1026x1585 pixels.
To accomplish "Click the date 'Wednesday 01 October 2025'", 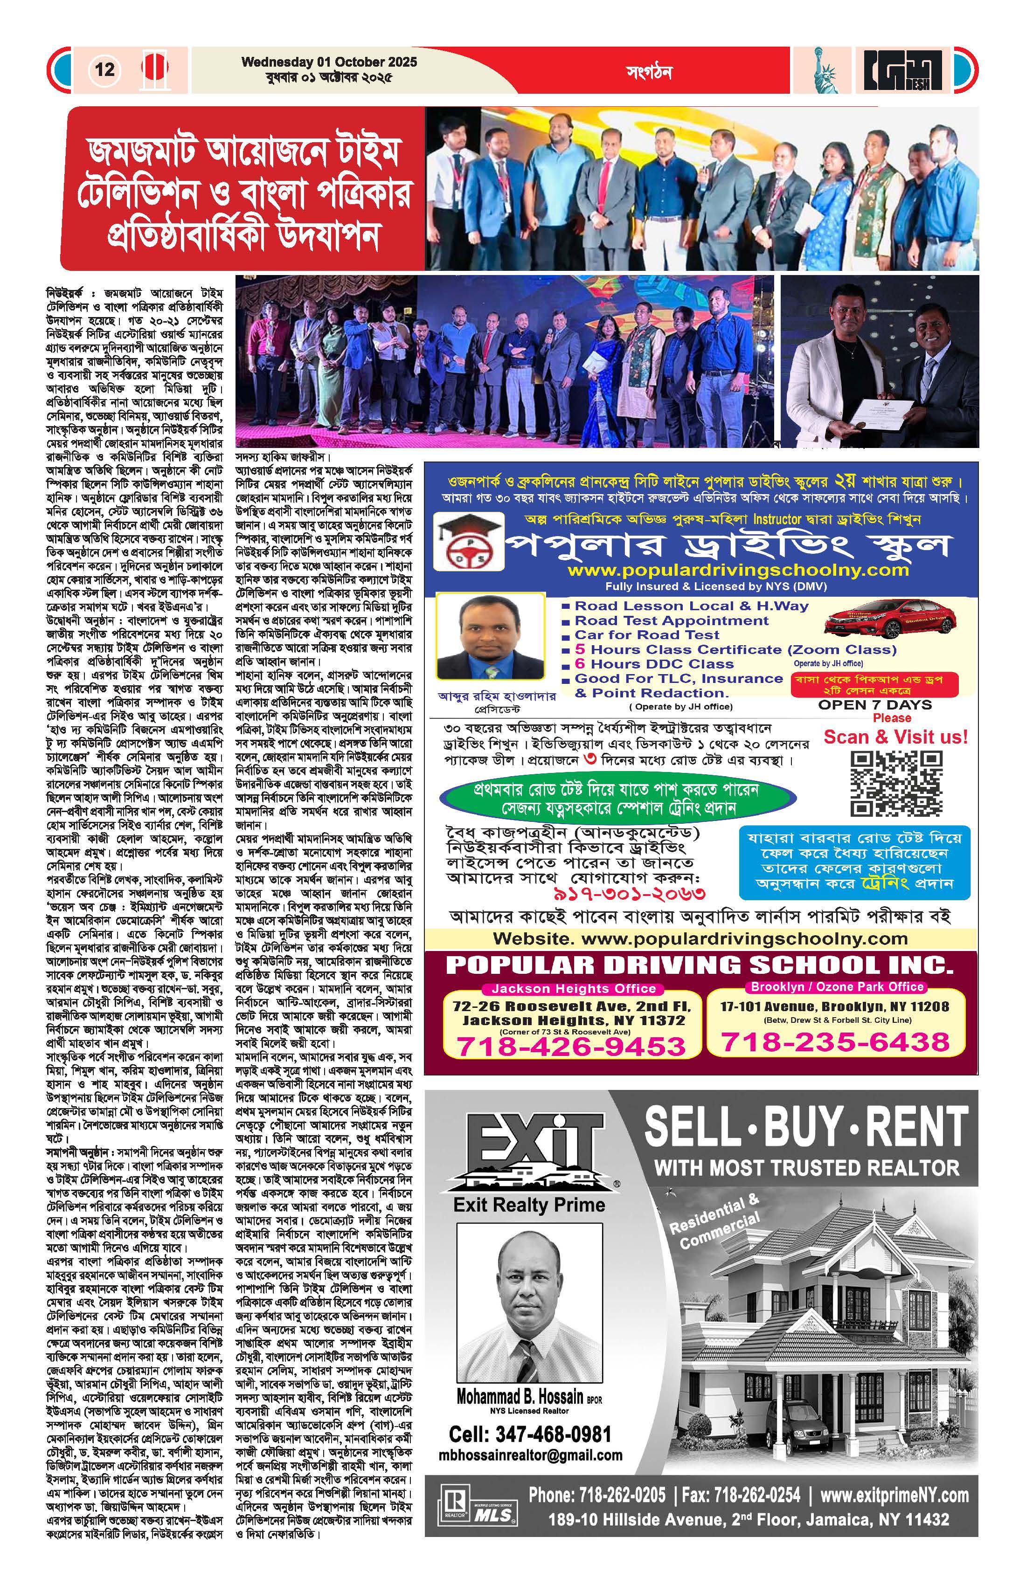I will pyautogui.click(x=329, y=62).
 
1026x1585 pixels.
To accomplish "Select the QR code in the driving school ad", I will pyautogui.click(x=897, y=783).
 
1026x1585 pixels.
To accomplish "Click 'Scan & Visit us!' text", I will pyautogui.click(x=895, y=737).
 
